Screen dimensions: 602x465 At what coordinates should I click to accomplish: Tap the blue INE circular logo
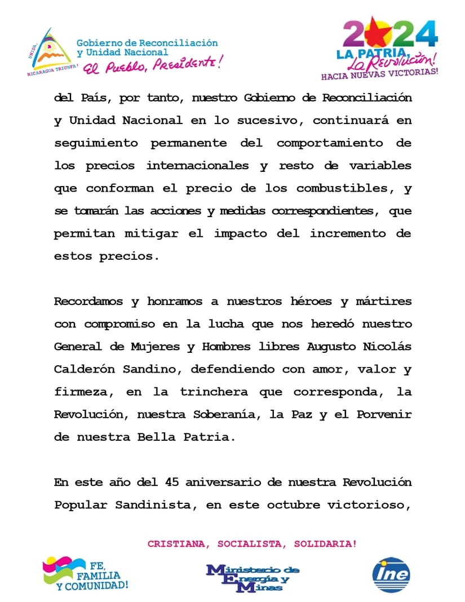(391, 575)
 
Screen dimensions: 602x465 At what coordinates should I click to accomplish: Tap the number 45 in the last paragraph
(171, 483)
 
